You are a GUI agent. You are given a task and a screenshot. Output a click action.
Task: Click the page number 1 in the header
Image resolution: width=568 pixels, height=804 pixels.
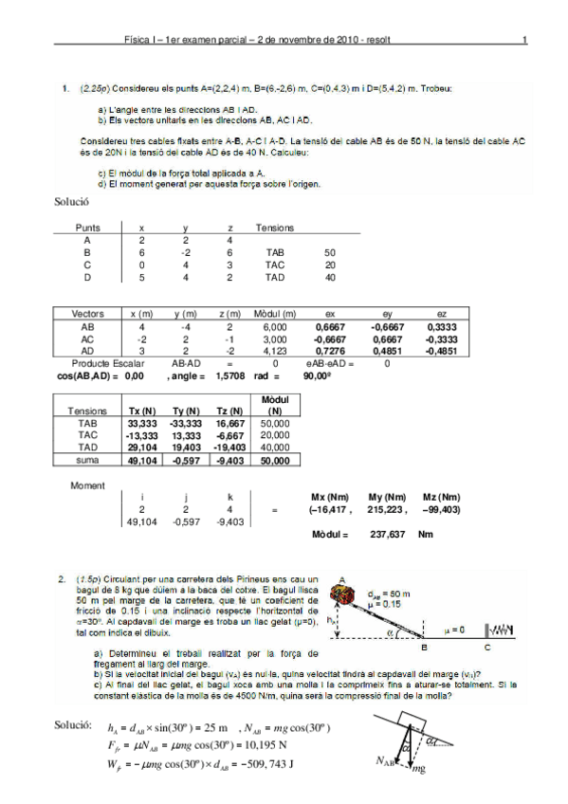click(x=523, y=41)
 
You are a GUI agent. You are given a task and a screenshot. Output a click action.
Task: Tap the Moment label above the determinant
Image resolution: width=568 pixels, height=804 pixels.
click(x=88, y=485)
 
